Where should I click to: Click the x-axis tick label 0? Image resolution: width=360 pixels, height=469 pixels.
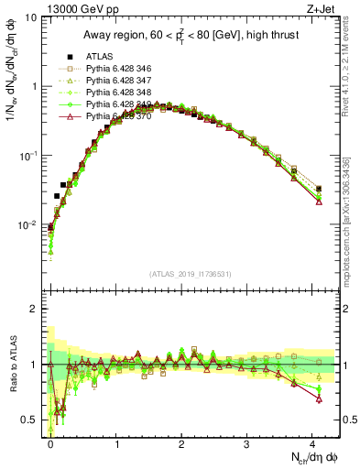[50, 443]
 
